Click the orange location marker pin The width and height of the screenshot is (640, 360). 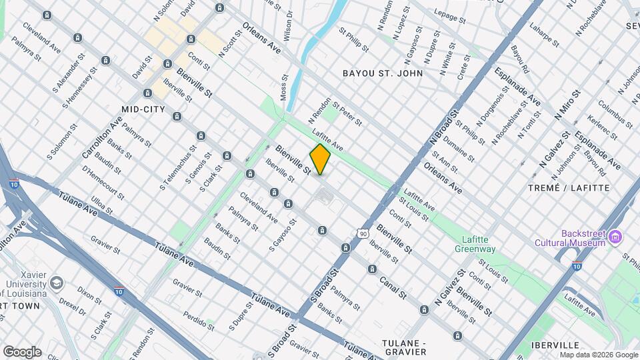pos(320,159)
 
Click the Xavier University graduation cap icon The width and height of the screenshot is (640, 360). pos(57,283)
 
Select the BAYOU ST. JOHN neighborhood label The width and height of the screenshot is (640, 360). pos(382,73)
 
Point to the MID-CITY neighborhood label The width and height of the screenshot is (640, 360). pos(143,109)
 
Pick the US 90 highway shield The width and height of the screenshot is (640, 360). pos(363,233)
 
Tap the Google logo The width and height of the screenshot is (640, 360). pos(21,351)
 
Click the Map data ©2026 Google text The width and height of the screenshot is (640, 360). pos(600,355)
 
